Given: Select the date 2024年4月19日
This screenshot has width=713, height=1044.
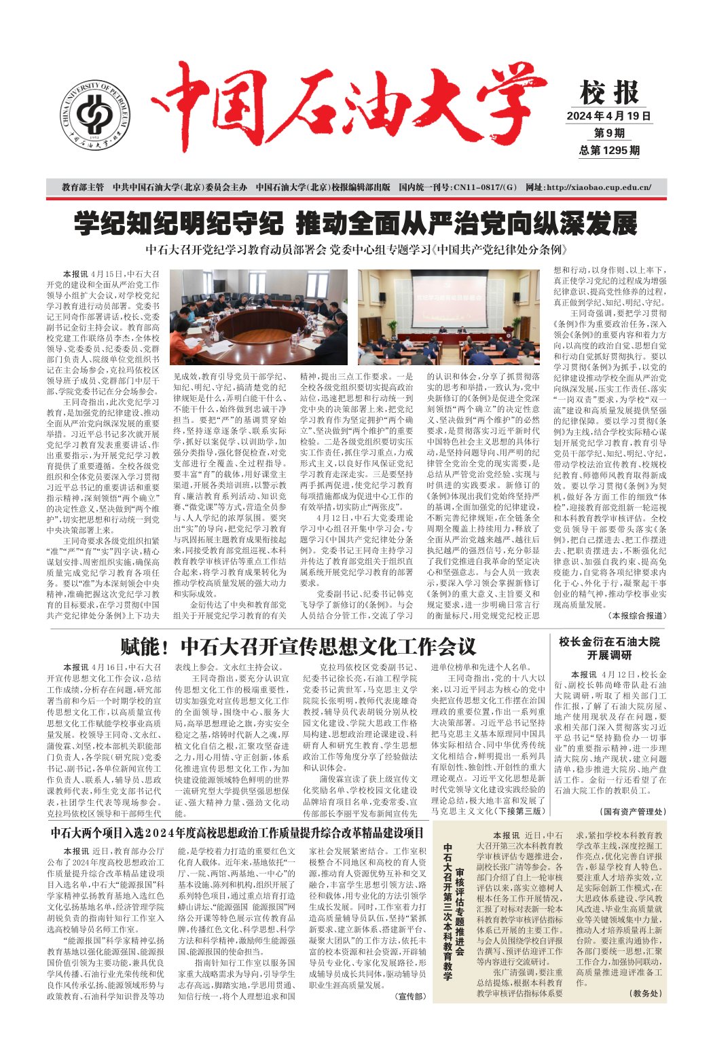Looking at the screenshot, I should pos(609,116).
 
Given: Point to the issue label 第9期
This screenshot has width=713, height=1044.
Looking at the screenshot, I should pos(609,133).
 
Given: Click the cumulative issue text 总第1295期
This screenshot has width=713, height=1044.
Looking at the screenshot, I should pos(609,150).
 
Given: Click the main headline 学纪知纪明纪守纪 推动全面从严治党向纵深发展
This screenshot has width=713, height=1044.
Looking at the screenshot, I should pos(356,223).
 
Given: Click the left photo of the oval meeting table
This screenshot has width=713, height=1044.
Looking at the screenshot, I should pos(258,316).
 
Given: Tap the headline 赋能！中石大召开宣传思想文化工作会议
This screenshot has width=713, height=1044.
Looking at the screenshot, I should pos(298,646).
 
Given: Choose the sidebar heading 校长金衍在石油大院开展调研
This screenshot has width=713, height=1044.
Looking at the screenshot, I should pos(609,648).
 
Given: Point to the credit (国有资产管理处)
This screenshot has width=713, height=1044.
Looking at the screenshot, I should pos(634,811).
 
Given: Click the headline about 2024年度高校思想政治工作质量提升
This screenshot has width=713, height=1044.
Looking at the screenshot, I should pos(237,832).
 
